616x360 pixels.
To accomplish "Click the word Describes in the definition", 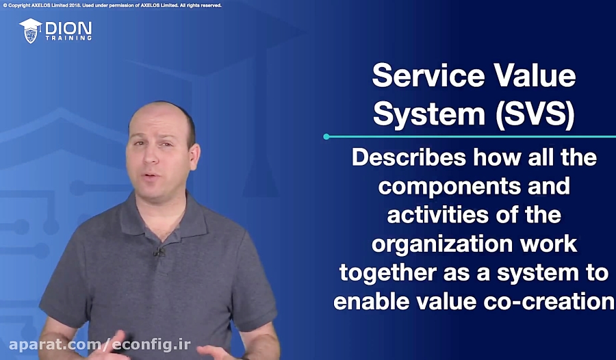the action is coord(409,157).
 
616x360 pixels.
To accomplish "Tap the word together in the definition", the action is coord(388,273).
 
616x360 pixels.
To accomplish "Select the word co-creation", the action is coord(549,301).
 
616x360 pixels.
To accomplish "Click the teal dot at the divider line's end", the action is coord(326,137).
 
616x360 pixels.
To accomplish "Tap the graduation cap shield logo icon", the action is coord(30,31).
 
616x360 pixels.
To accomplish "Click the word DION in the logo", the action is coord(68,28).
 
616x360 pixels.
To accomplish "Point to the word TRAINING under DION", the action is coord(68,38).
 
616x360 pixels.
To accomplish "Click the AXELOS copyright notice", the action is coord(112,5).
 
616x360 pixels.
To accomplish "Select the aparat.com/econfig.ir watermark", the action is coord(100,345).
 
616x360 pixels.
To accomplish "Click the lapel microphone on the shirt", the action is coord(159,252).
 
